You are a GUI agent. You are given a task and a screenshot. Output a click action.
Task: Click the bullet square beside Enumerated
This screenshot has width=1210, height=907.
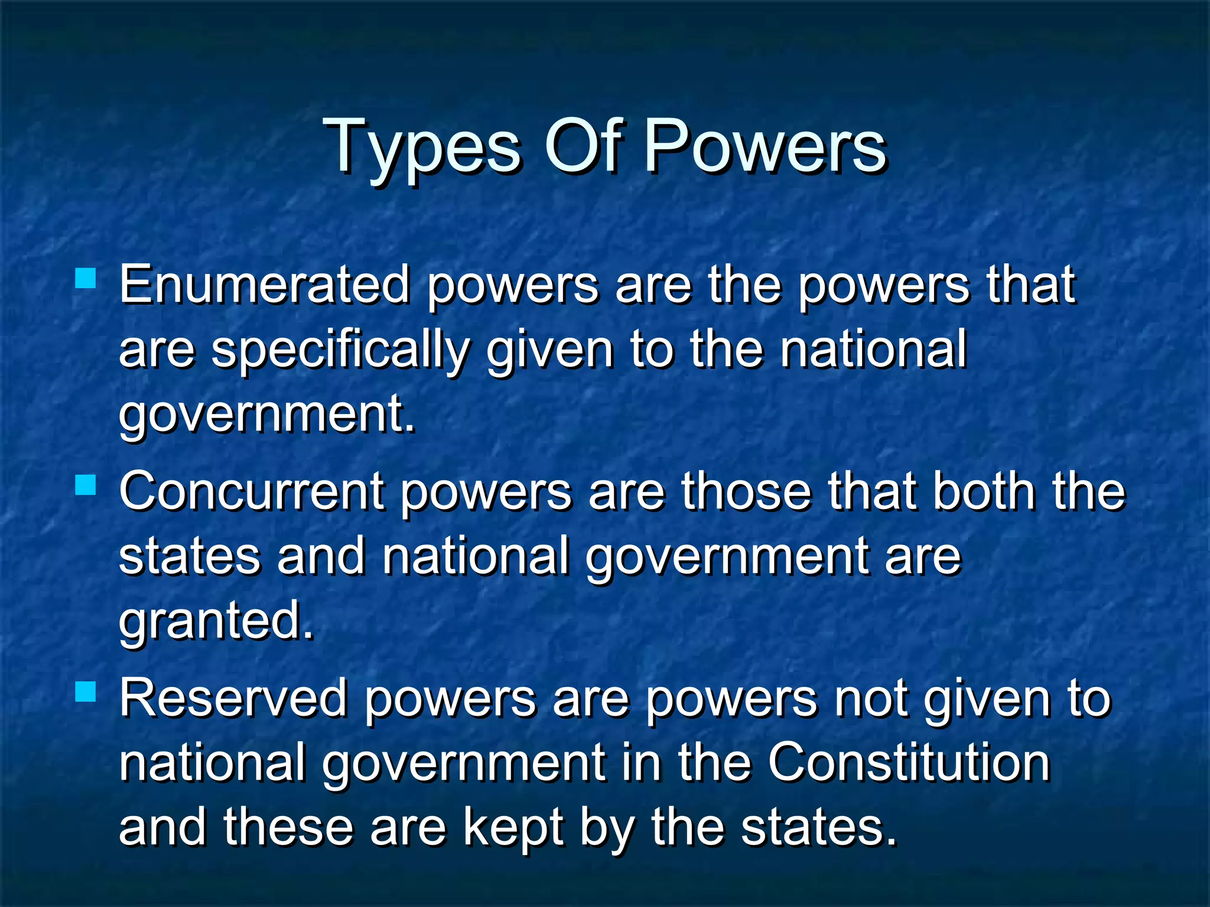tap(86, 278)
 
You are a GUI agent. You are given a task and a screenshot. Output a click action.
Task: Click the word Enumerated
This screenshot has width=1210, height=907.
tap(264, 285)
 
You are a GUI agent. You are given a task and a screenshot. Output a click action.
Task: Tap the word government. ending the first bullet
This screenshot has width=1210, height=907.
tap(266, 415)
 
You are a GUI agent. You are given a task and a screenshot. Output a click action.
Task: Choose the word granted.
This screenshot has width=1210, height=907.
tap(216, 621)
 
